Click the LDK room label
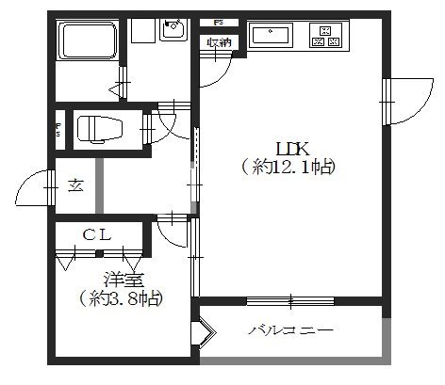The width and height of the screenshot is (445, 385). tap(291, 148)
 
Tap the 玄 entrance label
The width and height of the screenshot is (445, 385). tap(75, 184)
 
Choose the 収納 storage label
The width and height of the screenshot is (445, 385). tap(218, 40)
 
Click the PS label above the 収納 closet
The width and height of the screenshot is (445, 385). tap(218, 22)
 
